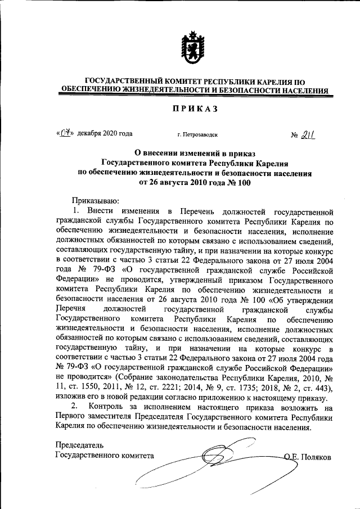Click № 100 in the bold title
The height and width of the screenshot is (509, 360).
(237, 182)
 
